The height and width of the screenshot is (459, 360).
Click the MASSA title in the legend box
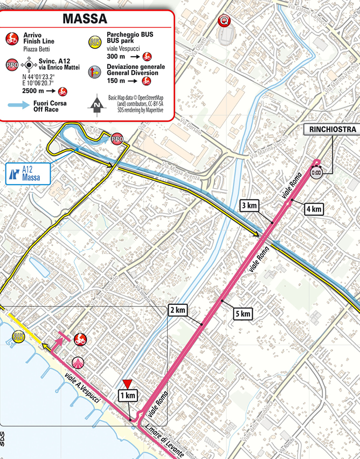(85, 18)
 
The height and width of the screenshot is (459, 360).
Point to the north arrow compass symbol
(96, 106)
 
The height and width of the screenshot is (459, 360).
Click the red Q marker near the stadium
(221, 21)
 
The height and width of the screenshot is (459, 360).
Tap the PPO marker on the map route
(117, 140)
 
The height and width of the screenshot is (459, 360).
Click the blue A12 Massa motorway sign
(27, 173)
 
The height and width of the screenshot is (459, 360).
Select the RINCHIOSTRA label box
(332, 129)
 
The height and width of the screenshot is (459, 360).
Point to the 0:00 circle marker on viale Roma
(316, 172)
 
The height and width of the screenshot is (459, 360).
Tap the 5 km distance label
(242, 314)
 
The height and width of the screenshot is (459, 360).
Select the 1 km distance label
(128, 395)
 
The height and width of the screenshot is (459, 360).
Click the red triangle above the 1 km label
(128, 384)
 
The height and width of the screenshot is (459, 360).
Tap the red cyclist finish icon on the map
(80, 339)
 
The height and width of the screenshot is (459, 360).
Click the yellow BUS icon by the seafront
(18, 337)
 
